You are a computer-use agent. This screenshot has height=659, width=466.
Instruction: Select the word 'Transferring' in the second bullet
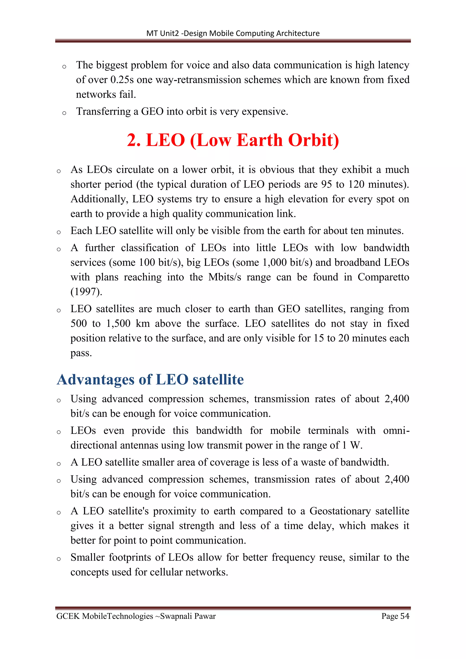pyautogui.click(x=103, y=111)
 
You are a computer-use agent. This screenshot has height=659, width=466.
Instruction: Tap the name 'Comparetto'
pyautogui.click(x=383, y=277)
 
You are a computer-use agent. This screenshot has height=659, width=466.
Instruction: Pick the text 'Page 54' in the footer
pyautogui.click(x=395, y=616)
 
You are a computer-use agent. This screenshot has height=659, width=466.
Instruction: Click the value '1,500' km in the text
pyautogui.click(x=118, y=324)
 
